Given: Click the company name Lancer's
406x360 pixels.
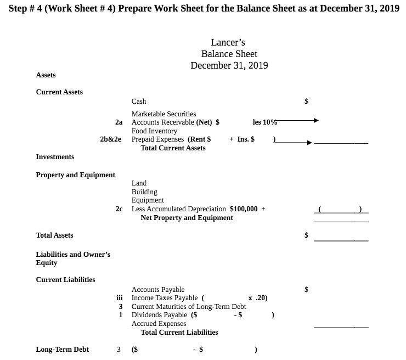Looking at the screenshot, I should (229, 42).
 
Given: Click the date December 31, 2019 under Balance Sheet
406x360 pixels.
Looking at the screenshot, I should (229, 66).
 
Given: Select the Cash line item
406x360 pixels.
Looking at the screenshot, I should (139, 102).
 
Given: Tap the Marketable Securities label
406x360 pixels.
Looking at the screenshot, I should (163, 114).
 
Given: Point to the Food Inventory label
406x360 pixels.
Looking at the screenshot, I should (154, 131).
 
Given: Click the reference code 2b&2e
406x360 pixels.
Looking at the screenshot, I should (111, 139).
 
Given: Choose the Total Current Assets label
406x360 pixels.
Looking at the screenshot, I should (173, 148).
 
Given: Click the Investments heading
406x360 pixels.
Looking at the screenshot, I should (55, 157).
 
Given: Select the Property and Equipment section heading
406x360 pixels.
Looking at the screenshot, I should (75, 175).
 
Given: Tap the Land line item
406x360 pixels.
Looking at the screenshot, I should (139, 183).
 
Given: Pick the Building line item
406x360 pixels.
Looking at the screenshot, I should (144, 192).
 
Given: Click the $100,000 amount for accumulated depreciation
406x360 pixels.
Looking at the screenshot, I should (244, 209).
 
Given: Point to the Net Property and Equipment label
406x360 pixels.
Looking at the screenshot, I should (187, 218).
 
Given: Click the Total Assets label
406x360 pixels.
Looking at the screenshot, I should (54, 235).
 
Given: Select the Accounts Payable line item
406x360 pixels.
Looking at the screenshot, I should (158, 289).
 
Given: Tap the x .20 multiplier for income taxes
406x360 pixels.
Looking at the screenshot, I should (257, 298).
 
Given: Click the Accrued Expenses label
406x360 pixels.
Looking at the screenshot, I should (159, 324).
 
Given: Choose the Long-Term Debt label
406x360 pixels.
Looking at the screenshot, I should (62, 349).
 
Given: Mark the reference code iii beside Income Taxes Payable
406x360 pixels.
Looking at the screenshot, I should (124, 298).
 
